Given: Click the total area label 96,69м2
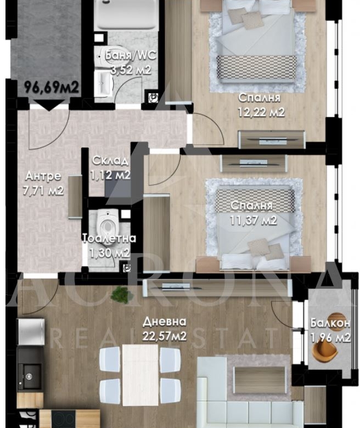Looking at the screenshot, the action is click(52, 87).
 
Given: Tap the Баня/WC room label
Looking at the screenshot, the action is click(131, 55).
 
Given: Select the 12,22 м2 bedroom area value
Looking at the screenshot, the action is click(261, 112).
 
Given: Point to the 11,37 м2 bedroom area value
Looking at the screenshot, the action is click(253, 220).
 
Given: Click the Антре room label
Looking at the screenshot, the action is click(43, 176).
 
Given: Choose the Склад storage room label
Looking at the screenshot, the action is click(110, 160).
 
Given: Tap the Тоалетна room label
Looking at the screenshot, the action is click(109, 238).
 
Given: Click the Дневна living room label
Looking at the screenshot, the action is click(165, 322).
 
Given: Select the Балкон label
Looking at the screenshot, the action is click(330, 323).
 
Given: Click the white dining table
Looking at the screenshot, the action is click(140, 375).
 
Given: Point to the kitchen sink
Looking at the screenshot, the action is click(29, 377).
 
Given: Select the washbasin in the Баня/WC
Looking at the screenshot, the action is click(103, 83).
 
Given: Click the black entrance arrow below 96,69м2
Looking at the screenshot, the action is click(49, 105).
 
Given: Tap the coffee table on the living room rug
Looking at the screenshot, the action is click(260, 380).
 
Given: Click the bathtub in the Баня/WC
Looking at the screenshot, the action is click(127, 15).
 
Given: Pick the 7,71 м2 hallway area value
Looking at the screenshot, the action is click(43, 191).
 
